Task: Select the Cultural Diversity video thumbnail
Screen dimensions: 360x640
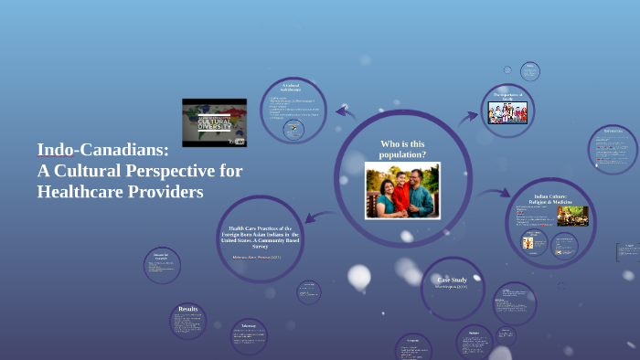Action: (214, 122)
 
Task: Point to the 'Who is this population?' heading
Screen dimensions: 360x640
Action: (402, 148)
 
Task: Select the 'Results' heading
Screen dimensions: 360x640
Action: (188, 310)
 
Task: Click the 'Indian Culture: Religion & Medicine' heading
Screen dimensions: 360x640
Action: (550, 200)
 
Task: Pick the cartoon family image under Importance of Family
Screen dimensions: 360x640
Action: (507, 112)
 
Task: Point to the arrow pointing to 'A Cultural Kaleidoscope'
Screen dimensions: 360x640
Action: (345, 112)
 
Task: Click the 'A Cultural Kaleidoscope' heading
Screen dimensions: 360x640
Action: (292, 88)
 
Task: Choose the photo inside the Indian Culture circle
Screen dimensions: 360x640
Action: (572, 216)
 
